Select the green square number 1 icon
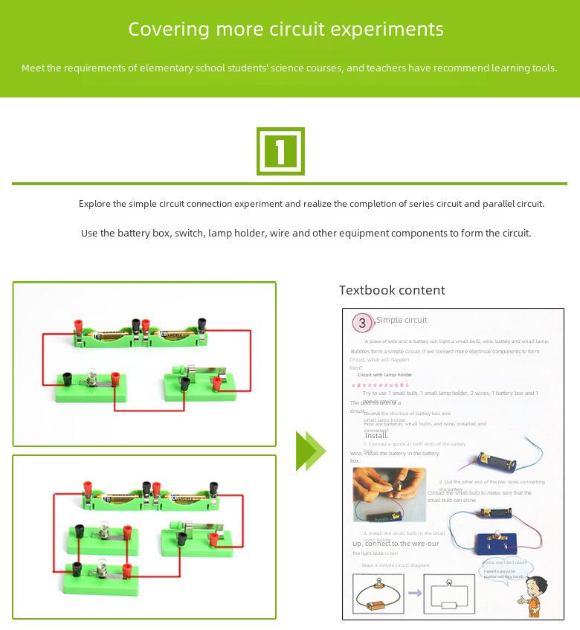click(280, 151)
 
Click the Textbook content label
click(392, 290)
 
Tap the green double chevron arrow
click(311, 451)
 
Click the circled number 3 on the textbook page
click(362, 323)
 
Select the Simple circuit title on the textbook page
click(402, 320)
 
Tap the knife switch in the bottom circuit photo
click(197, 533)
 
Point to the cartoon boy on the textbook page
click(532, 595)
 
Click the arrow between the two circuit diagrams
click(415, 594)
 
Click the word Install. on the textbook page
click(376, 435)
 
